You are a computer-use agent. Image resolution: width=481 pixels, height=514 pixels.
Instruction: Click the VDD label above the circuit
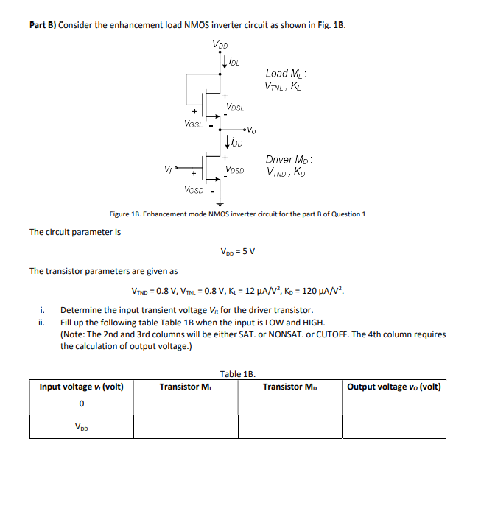(220, 43)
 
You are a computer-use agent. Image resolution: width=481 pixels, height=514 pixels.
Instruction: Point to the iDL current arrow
(224, 62)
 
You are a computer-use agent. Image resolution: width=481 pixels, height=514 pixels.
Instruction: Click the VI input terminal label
(169, 169)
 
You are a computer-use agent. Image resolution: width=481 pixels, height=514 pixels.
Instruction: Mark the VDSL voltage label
(236, 108)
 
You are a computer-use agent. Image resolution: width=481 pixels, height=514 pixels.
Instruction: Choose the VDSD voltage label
(236, 169)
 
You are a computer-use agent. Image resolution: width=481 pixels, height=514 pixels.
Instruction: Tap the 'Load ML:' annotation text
(287, 73)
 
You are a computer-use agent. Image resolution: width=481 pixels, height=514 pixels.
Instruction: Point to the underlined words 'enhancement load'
(146, 24)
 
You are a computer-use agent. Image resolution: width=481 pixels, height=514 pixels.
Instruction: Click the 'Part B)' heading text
(43, 24)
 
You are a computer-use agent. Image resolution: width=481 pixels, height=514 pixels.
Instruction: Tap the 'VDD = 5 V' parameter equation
(237, 251)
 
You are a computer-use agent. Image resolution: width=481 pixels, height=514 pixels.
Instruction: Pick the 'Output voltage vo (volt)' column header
(396, 387)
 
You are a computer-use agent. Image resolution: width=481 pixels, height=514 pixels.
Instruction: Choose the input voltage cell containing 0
(81, 404)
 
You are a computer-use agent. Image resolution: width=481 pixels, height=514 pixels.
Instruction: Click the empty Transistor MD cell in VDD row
(289, 426)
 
